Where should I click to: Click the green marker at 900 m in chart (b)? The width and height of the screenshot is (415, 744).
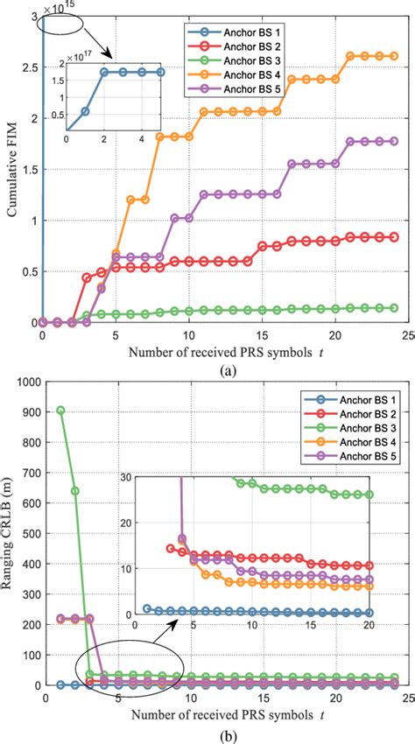coord(59,411)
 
